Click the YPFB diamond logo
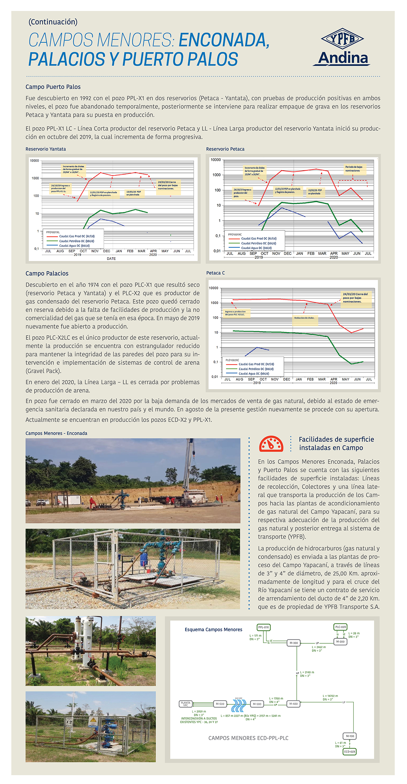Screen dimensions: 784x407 pyautogui.click(x=342, y=39)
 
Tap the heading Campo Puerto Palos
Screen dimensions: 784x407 pyautogui.click(x=53, y=87)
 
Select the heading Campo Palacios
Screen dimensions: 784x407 pyautogui.click(x=47, y=273)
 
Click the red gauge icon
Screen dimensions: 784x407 pyautogui.click(x=271, y=444)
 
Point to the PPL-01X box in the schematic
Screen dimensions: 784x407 pyautogui.click(x=264, y=627)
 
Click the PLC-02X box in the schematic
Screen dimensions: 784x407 pyautogui.click(x=341, y=627)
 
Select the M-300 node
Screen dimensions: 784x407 pyautogui.click(x=293, y=643)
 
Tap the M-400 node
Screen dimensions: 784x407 pyautogui.click(x=293, y=704)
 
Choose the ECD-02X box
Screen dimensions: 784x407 pyautogui.click(x=350, y=751)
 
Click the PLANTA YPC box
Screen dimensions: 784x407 pyautogui.click(x=186, y=704)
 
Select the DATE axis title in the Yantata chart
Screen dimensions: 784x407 pyautogui.click(x=111, y=259)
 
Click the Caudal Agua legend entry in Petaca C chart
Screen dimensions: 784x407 pyautogui.click(x=254, y=374)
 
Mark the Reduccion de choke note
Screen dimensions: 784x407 pyautogui.click(x=304, y=318)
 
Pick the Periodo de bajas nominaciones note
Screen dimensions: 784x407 pyautogui.click(x=354, y=169)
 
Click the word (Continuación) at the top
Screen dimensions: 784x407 pyautogui.click(x=53, y=22)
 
